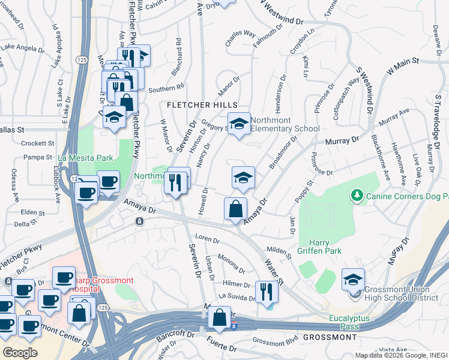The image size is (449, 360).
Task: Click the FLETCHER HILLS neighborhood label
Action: click(x=202, y=105)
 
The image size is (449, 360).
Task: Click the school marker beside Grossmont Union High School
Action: click(x=353, y=280)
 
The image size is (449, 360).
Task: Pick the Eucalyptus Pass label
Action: click(x=349, y=322)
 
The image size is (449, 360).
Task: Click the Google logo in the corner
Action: click(x=20, y=353)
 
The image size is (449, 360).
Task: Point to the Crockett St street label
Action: click(x=38, y=144)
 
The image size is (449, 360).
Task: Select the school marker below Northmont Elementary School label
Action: click(x=243, y=178)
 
